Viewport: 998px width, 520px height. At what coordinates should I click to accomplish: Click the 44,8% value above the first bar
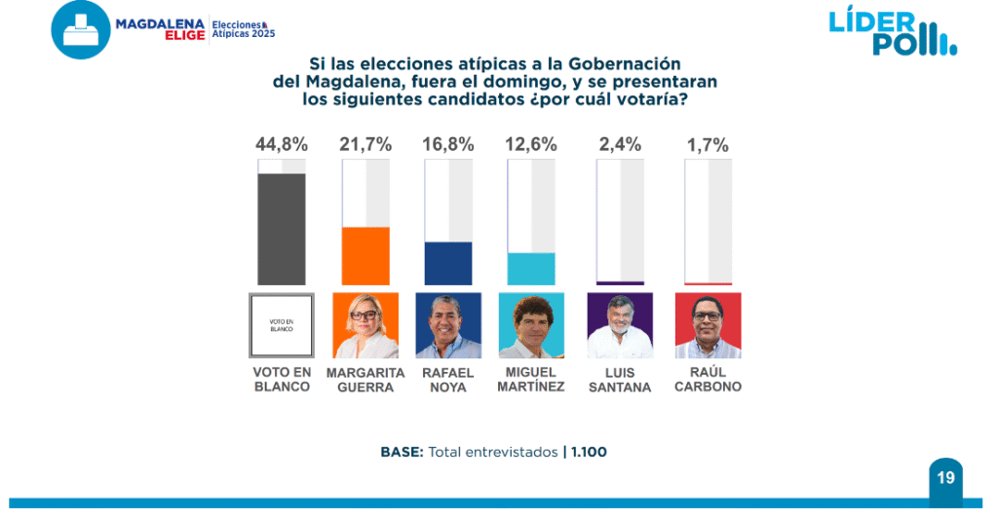click(x=282, y=144)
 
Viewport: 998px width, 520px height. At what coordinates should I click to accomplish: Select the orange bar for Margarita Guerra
click(x=365, y=256)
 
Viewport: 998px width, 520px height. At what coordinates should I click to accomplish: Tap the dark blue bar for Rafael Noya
click(x=448, y=263)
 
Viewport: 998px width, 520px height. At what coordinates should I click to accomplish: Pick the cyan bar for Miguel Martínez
click(x=531, y=269)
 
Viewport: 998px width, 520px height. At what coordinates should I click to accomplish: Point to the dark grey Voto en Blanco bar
click(x=282, y=229)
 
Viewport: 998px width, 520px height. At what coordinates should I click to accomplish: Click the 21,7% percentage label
click(x=365, y=144)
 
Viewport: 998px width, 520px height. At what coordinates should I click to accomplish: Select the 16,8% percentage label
click(x=448, y=144)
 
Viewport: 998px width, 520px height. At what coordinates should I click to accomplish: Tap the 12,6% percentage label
click(x=531, y=144)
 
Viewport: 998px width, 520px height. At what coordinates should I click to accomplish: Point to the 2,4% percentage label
click(x=620, y=144)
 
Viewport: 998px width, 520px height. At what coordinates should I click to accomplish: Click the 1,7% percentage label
click(x=708, y=144)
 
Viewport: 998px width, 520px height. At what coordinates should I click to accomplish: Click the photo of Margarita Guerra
click(x=365, y=325)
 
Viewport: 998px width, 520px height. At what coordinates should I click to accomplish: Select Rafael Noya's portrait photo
click(x=448, y=325)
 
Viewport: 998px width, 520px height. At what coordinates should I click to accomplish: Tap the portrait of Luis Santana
click(x=620, y=325)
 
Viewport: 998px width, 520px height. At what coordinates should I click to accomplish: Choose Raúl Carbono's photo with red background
click(x=708, y=325)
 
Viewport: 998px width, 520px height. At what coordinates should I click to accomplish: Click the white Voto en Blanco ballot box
click(x=282, y=325)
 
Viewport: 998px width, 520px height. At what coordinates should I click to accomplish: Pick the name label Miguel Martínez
click(x=531, y=380)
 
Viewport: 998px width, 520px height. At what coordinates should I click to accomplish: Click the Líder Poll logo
click(x=892, y=32)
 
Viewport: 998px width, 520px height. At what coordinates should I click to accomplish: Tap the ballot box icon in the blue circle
click(x=81, y=30)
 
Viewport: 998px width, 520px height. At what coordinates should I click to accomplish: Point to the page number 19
click(x=945, y=478)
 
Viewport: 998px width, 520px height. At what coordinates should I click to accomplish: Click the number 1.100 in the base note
click(x=590, y=452)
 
